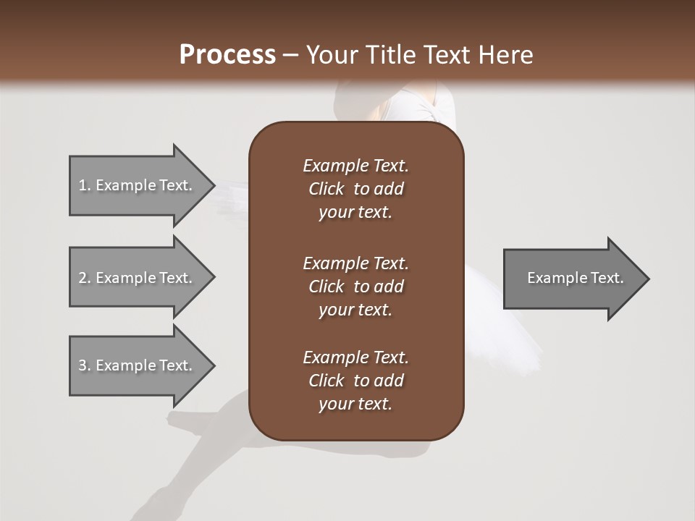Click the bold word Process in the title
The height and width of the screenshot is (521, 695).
(227, 55)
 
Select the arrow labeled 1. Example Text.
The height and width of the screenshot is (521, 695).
(138, 185)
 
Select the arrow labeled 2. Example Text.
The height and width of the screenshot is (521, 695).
(138, 278)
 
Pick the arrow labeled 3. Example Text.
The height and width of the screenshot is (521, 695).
(138, 365)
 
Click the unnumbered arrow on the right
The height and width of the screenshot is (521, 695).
(572, 279)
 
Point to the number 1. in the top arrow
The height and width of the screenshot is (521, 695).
(84, 185)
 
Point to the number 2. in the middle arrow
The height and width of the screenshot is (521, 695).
(84, 278)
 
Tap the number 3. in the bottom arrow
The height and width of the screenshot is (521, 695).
(84, 365)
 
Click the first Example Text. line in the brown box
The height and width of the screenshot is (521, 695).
(355, 166)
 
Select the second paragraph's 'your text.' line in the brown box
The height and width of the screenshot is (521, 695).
(355, 310)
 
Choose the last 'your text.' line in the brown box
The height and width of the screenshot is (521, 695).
(355, 404)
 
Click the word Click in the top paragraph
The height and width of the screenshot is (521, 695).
(326, 189)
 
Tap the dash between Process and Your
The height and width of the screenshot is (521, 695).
(290, 56)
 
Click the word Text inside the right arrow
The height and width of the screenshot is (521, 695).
(607, 278)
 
